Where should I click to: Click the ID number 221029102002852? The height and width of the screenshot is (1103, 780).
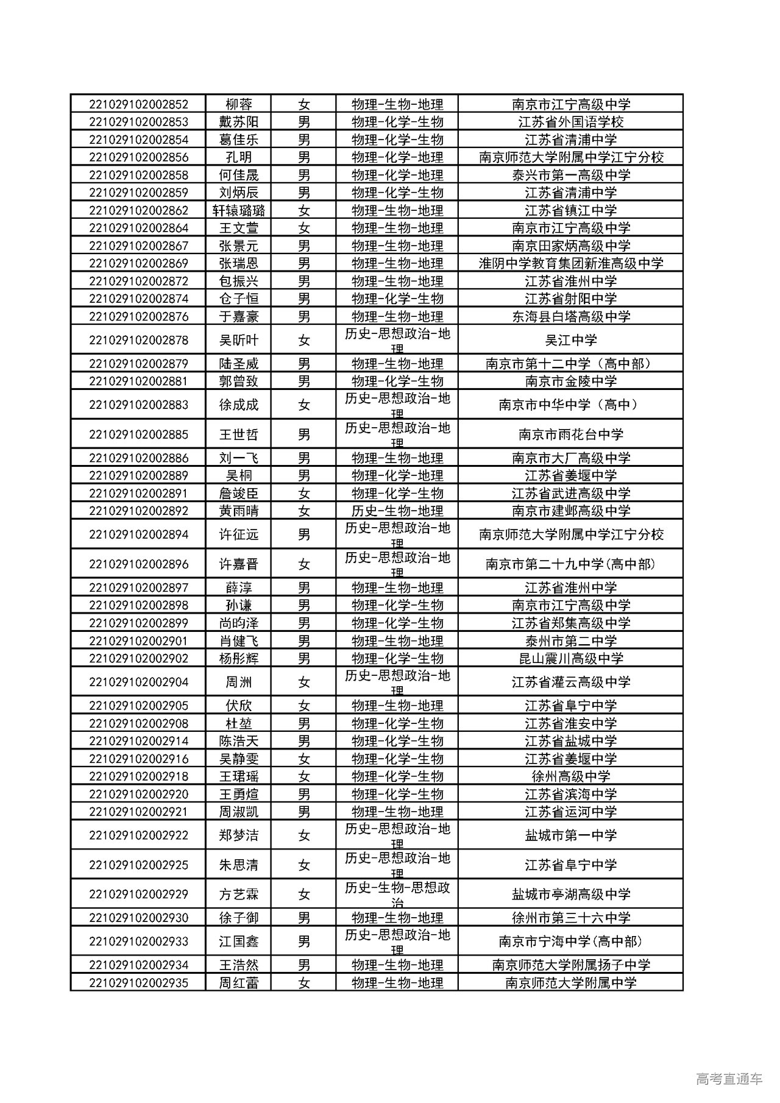click(x=138, y=104)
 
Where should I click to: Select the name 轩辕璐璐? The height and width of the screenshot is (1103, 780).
click(x=238, y=210)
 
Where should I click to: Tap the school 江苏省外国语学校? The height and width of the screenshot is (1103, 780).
click(x=570, y=122)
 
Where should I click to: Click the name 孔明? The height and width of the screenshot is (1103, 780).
click(x=238, y=157)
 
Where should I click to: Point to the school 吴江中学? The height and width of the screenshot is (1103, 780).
click(x=570, y=340)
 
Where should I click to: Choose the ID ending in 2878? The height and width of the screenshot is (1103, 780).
click(x=138, y=340)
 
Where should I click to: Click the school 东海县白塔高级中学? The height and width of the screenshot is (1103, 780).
click(x=570, y=316)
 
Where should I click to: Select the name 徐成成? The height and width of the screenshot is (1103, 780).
click(x=238, y=405)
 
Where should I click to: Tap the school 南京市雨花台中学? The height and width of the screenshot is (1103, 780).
click(x=570, y=434)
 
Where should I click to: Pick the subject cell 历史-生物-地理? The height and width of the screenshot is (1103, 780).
click(x=397, y=511)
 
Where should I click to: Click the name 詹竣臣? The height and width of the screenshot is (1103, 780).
click(x=238, y=493)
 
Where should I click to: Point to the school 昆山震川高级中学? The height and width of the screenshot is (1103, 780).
click(x=570, y=658)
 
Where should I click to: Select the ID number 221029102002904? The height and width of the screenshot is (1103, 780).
click(x=138, y=682)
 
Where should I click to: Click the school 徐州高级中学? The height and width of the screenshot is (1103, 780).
click(x=570, y=776)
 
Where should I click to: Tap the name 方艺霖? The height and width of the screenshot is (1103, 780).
click(x=238, y=894)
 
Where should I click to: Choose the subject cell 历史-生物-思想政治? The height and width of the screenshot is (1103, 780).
click(x=397, y=894)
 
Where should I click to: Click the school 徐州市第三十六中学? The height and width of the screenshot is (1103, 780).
click(x=570, y=918)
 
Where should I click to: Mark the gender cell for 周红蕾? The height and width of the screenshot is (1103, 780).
click(x=303, y=982)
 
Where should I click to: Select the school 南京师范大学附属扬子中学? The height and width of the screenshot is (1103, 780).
click(x=570, y=965)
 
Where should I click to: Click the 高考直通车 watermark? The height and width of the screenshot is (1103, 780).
click(x=728, y=1079)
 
